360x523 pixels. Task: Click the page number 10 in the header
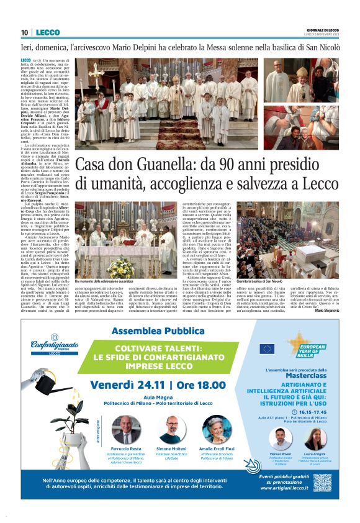click(x=24, y=32)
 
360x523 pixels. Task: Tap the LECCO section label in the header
click(x=48, y=32)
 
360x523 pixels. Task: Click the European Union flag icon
click(x=267, y=349)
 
